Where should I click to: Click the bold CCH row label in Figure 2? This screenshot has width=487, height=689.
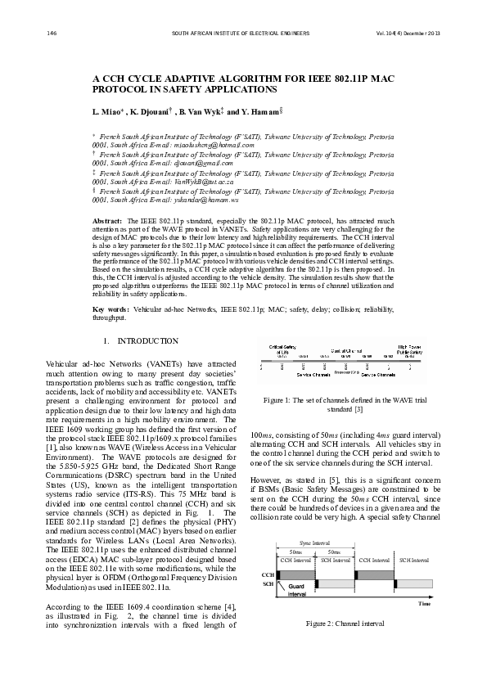pyautogui.click(x=267, y=575)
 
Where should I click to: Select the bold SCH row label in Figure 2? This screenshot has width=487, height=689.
pyautogui.click(x=267, y=584)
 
